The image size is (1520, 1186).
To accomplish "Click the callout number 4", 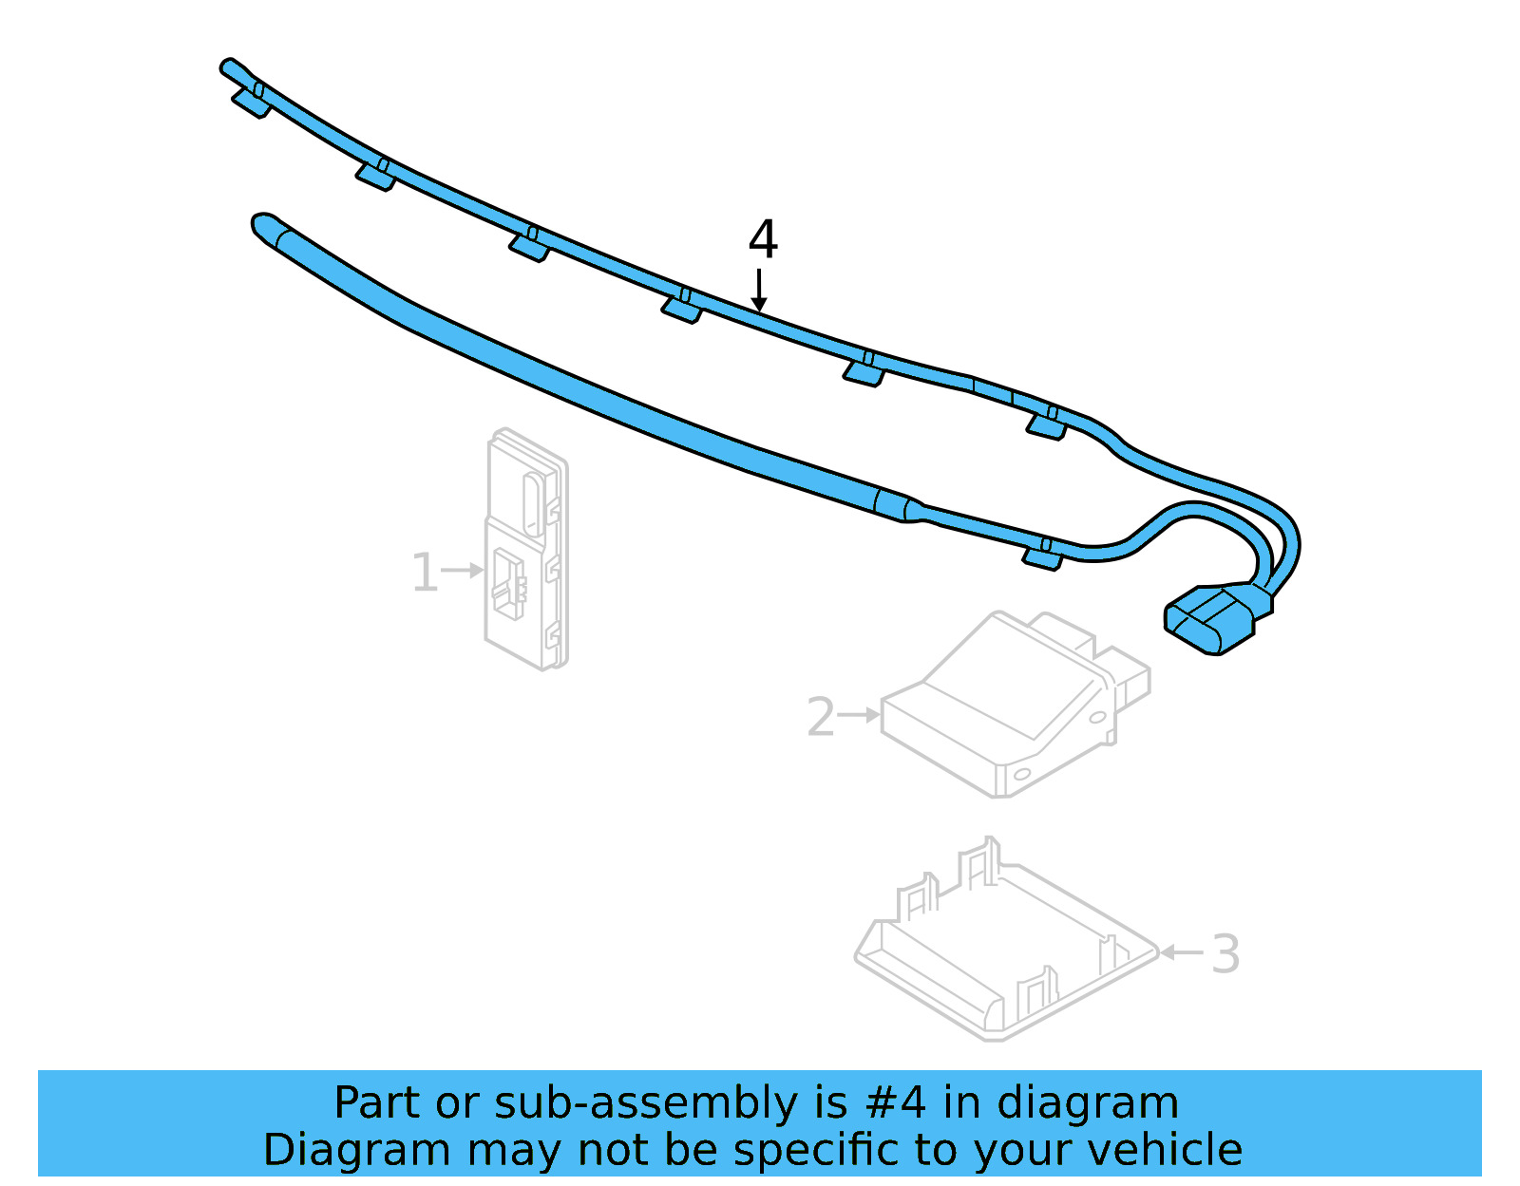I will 763,239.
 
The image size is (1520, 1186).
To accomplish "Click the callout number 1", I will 424,573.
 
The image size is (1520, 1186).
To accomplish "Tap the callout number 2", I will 820,716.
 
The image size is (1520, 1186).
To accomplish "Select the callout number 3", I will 1225,953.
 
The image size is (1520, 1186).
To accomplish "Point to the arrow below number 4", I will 758,290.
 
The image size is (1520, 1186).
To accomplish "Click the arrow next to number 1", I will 465,570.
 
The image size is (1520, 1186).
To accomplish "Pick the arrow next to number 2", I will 860,714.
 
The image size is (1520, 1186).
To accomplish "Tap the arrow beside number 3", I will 1183,951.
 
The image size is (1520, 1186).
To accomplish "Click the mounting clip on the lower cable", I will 1043,555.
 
